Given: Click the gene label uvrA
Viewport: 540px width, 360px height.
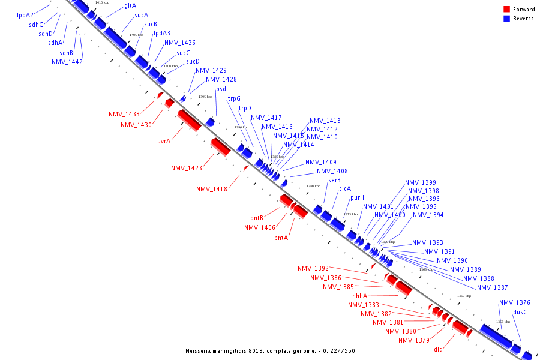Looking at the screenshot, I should pyautogui.click(x=164, y=142).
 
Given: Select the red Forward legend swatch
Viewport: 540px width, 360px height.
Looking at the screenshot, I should pyautogui.click(x=507, y=9).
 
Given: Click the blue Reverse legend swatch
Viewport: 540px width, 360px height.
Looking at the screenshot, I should pyautogui.click(x=507, y=19).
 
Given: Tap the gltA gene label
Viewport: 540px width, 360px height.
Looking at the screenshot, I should pyautogui.click(x=130, y=5).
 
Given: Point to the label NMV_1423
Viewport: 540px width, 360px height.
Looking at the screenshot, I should pyautogui.click(x=187, y=168).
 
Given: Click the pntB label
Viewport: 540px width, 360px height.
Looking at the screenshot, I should pyautogui.click(x=257, y=218).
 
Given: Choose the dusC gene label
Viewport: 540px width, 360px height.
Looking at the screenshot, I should pyautogui.click(x=520, y=312).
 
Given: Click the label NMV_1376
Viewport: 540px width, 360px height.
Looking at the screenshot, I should pyautogui.click(x=515, y=302).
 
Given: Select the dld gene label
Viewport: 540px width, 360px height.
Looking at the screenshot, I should pyautogui.click(x=439, y=349).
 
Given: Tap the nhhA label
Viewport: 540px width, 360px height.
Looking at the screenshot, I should pyautogui.click(x=359, y=296).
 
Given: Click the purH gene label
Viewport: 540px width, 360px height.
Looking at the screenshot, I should pyautogui.click(x=358, y=197).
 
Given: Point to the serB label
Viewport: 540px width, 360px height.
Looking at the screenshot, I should pyautogui.click(x=334, y=180).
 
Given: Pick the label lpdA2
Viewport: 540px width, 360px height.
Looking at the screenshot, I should pyautogui.click(x=25, y=14).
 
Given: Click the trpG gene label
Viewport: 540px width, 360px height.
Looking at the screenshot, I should pyautogui.click(x=234, y=98).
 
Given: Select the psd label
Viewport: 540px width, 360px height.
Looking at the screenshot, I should pyautogui.click(x=221, y=89).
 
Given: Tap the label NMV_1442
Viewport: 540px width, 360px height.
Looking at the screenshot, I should pyautogui.click(x=67, y=62).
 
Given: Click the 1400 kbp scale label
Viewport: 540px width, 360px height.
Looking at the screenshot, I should pyautogui.click(x=170, y=66).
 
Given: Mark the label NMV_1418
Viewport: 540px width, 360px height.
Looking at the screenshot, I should pyautogui.click(x=212, y=189).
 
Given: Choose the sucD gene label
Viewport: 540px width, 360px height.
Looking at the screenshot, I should pyautogui.click(x=193, y=61).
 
